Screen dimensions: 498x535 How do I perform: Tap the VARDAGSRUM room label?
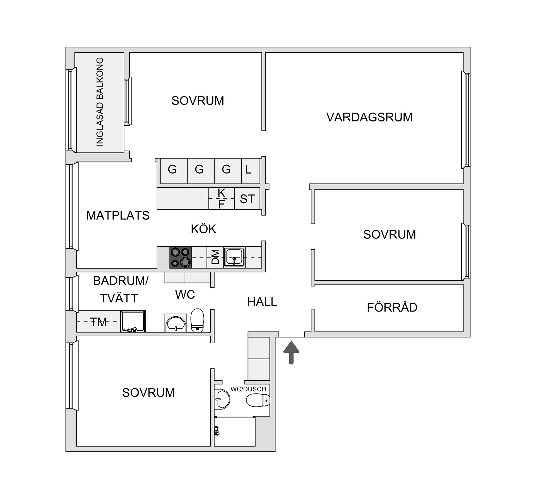pyautogui.click(x=369, y=117)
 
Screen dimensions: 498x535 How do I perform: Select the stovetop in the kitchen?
pyautogui.click(x=181, y=257)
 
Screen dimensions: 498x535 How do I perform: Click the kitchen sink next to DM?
pyautogui.click(x=234, y=257)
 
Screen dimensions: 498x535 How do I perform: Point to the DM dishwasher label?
pyautogui.click(x=215, y=257)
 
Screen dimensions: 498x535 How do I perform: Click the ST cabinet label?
pyautogui.click(x=247, y=199)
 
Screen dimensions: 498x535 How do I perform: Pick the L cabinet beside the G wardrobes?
pyautogui.click(x=248, y=169)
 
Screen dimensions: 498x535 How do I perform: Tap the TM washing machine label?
pyautogui.click(x=98, y=322)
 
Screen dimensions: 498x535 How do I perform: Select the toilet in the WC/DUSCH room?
pyautogui.click(x=258, y=400)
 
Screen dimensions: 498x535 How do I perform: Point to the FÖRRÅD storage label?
pyautogui.click(x=392, y=307)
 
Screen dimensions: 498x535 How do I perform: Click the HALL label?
pyautogui.click(x=262, y=302)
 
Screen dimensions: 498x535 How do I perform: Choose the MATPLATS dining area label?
pyautogui.click(x=118, y=215)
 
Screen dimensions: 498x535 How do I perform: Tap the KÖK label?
pyautogui.click(x=203, y=229)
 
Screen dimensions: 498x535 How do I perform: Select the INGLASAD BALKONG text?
pyautogui.click(x=99, y=102)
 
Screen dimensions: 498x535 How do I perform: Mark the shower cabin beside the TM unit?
pyautogui.click(x=133, y=321)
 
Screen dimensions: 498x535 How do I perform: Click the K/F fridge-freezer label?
pyautogui.click(x=221, y=198)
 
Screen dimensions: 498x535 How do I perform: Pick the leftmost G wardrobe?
pyautogui.click(x=172, y=169)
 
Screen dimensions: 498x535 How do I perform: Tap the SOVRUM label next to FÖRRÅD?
pyautogui.click(x=389, y=234)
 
